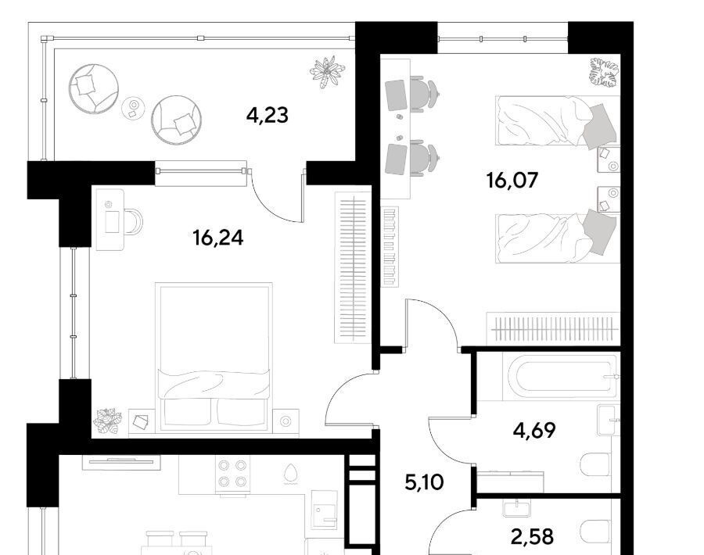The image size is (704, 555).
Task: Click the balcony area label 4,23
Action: [x=268, y=116]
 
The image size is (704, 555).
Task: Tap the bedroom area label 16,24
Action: [x=217, y=238]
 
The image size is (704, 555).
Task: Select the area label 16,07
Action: [x=512, y=181]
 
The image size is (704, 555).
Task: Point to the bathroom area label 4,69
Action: [x=534, y=430]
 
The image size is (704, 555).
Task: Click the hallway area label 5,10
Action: [x=424, y=482]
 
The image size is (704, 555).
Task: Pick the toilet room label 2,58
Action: [x=533, y=536]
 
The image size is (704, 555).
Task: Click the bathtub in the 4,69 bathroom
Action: [x=566, y=376]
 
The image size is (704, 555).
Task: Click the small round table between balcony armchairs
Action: [x=133, y=108]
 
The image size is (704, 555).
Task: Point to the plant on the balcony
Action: [x=328, y=71]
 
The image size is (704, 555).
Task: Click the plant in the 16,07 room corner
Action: [x=604, y=73]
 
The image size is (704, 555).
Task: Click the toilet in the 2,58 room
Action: [x=596, y=532]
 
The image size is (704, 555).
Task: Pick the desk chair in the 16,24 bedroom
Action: [x=133, y=222]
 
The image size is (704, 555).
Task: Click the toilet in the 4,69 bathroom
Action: [x=596, y=464]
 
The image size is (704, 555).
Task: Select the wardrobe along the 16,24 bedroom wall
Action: [x=353, y=268]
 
